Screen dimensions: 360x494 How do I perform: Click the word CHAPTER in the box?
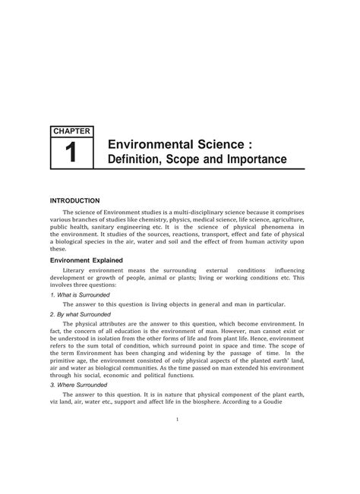coord(71,131)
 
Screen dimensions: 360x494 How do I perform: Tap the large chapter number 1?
coord(71,154)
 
